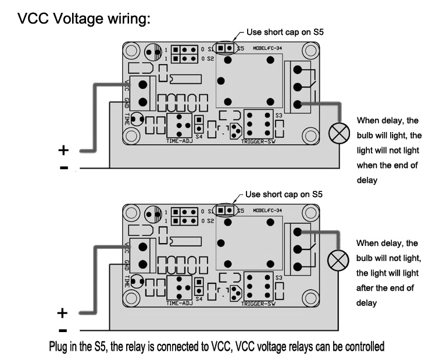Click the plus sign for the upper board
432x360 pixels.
(x=63, y=150)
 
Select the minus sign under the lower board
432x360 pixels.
(x=63, y=330)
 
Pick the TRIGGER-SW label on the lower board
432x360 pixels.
(x=258, y=303)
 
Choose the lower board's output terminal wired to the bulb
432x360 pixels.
(x=298, y=231)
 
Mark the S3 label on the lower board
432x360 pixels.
(x=279, y=277)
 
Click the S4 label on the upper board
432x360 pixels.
(x=198, y=137)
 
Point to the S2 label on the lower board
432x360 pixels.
(x=211, y=221)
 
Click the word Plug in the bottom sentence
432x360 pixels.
(x=59, y=347)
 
